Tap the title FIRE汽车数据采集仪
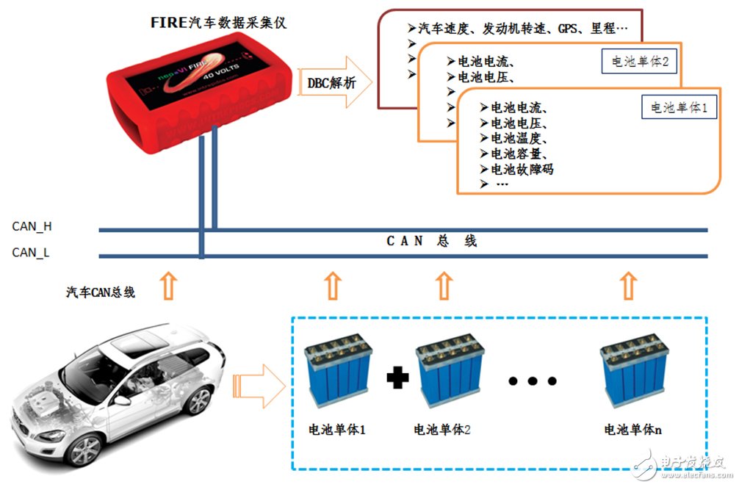coord(217,23)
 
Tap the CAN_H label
coord(32,227)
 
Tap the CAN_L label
coord(31,253)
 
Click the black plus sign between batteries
coord(397,378)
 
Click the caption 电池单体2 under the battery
coord(442,430)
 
